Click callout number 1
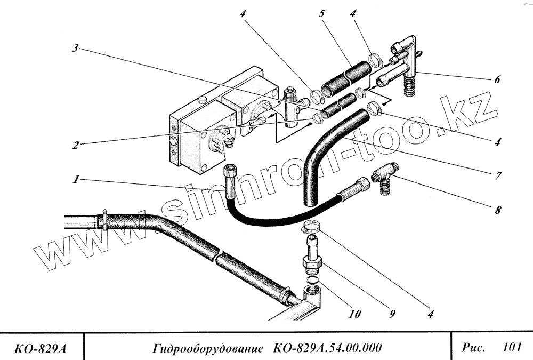[77, 180]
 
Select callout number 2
[77, 145]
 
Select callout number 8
[497, 210]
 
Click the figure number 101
[511, 348]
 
